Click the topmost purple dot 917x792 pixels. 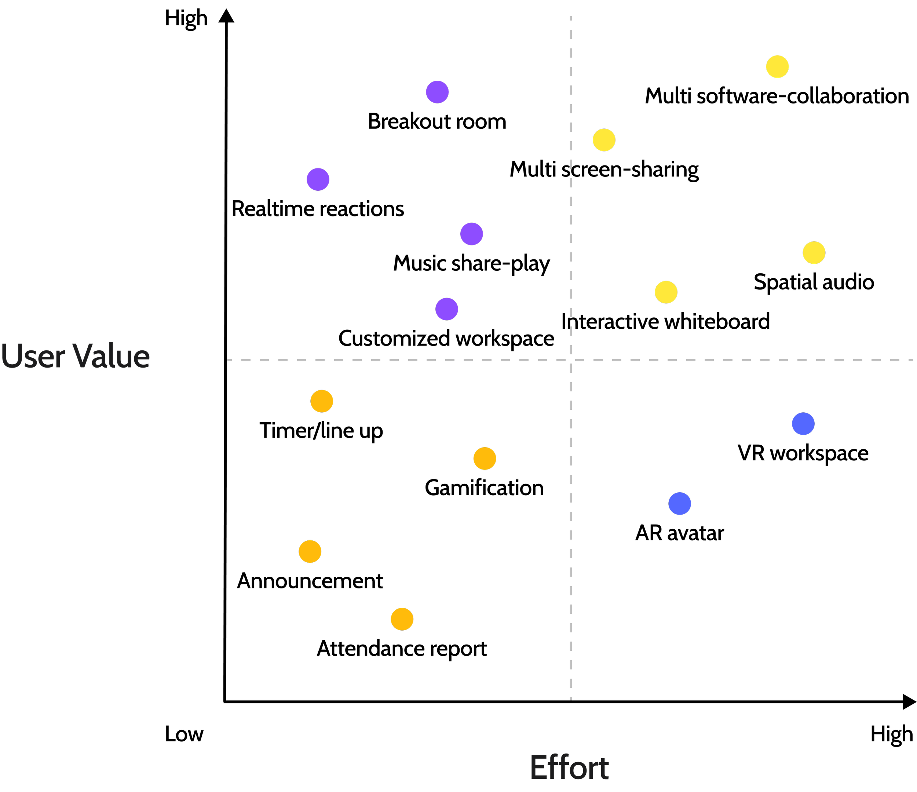(437, 92)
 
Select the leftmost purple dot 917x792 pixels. (318, 179)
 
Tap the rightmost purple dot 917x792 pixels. (471, 234)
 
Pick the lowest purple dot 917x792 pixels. (446, 309)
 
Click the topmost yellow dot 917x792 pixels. (777, 67)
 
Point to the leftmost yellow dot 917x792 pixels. (604, 140)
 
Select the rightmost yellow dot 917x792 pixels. (814, 253)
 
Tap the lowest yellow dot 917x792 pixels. (666, 292)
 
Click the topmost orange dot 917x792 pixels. (322, 401)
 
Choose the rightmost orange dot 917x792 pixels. (485, 458)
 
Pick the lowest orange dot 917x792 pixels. (402, 619)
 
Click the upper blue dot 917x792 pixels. (803, 424)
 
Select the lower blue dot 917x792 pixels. (679, 504)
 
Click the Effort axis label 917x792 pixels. (569, 768)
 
